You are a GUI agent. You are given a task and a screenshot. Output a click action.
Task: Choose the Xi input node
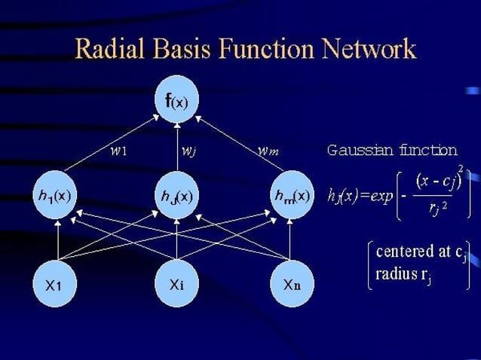[x=176, y=285]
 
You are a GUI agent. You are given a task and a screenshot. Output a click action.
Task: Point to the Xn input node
[x=292, y=285]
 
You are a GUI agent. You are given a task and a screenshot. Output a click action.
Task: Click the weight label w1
[x=118, y=150]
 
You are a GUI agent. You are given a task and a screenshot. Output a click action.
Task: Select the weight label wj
[x=189, y=150]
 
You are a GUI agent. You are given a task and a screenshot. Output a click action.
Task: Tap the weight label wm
[x=268, y=150]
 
